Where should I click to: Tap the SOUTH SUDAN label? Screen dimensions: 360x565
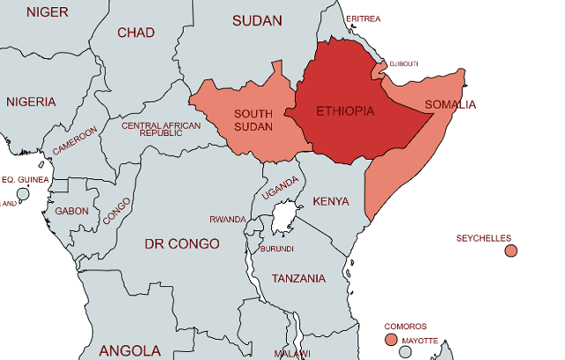(252, 120)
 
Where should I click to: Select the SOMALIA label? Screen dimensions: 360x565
(449, 105)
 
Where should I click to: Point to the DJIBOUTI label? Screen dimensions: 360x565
(403, 64)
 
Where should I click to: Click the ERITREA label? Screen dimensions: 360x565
(364, 19)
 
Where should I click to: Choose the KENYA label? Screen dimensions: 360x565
(331, 200)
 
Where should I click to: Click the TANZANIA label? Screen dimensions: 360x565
(298, 279)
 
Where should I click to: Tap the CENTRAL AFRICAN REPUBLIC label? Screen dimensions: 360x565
(161, 129)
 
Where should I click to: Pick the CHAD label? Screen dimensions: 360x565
(136, 33)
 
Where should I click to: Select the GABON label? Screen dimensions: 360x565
(72, 211)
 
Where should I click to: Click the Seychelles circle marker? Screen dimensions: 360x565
(510, 251)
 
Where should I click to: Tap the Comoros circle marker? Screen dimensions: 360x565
(391, 340)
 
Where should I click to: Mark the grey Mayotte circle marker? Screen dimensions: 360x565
(406, 352)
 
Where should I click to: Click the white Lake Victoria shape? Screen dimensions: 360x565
(282, 216)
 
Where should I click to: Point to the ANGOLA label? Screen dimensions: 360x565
(130, 350)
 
